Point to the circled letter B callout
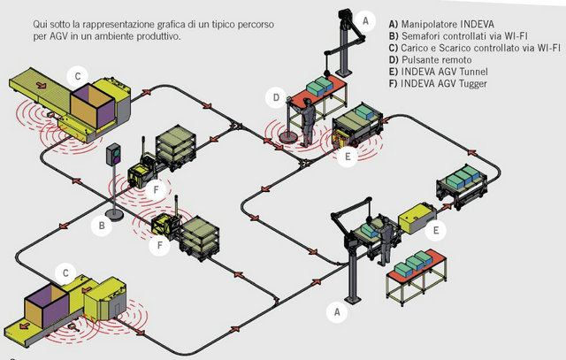103,226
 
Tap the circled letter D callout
277,97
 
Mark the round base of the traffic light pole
114,213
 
